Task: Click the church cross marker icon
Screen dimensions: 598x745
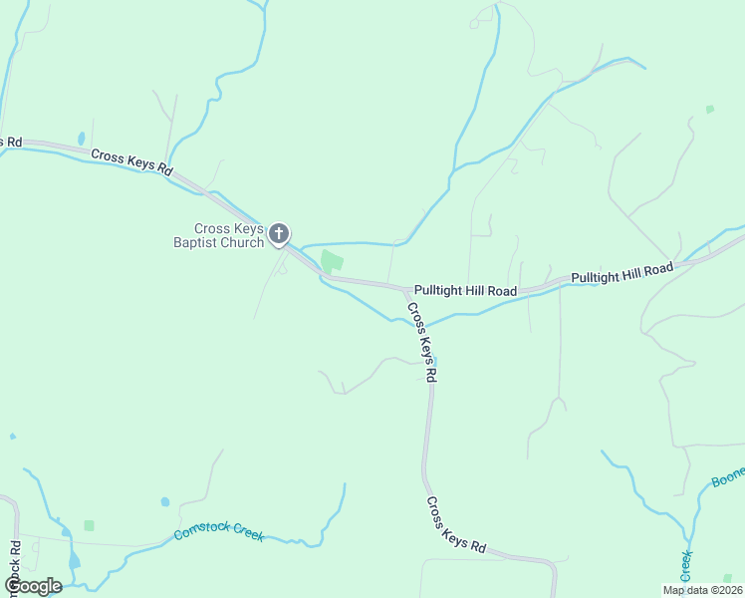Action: click(x=280, y=235)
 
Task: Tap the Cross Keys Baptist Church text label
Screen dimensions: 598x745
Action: click(x=229, y=235)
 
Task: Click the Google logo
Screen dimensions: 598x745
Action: click(x=33, y=586)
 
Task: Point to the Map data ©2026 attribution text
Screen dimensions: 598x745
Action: click(x=701, y=589)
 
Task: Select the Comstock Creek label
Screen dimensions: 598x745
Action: click(x=218, y=533)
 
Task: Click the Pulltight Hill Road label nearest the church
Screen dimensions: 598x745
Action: click(x=465, y=291)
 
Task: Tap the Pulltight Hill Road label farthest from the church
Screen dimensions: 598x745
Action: click(x=622, y=273)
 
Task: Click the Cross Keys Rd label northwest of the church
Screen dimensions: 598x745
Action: click(x=132, y=162)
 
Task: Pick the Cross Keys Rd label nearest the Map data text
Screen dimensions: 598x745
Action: click(x=455, y=525)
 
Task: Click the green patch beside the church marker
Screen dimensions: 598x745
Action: click(x=332, y=262)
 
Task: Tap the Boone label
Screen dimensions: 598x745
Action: click(x=728, y=478)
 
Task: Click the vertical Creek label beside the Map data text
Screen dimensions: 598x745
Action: click(x=686, y=565)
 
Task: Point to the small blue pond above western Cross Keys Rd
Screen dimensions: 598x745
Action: click(x=82, y=139)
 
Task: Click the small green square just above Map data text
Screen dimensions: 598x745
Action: click(x=727, y=577)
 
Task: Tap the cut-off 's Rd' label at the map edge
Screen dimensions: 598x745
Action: click(x=10, y=142)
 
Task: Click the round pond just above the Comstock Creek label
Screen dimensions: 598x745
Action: click(x=164, y=502)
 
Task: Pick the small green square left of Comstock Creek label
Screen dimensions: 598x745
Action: click(x=89, y=524)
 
